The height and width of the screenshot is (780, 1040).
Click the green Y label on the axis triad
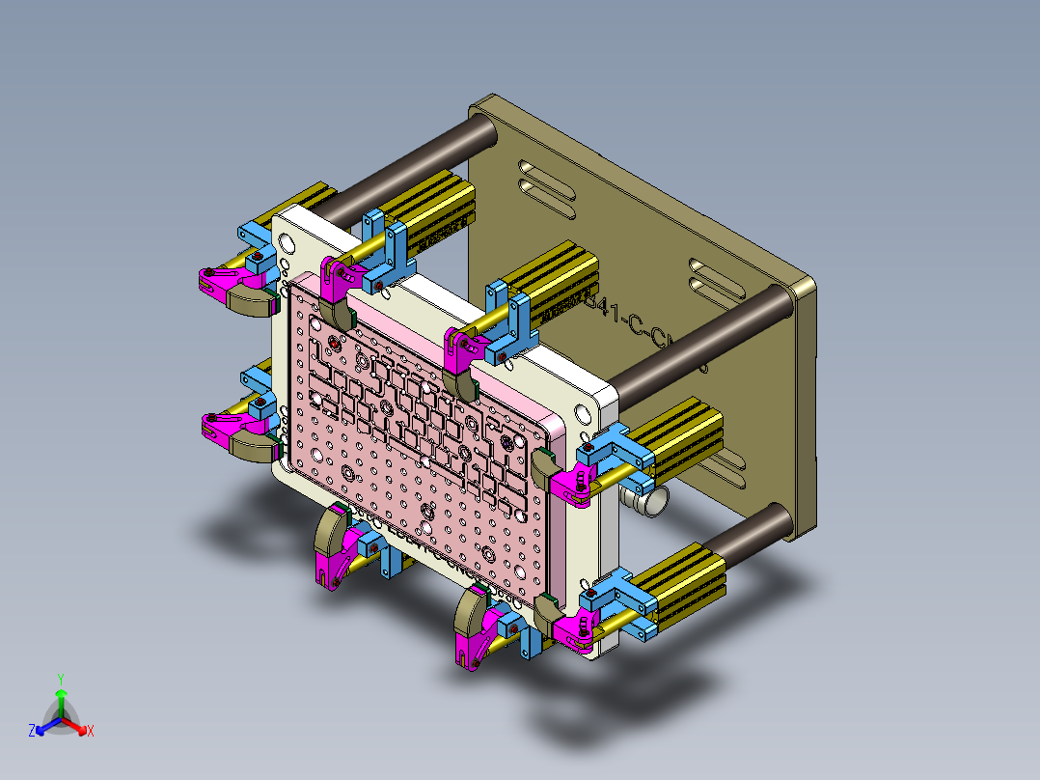(60, 679)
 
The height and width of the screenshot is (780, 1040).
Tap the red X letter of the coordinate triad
(91, 732)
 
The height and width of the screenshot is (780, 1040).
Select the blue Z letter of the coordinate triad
(32, 732)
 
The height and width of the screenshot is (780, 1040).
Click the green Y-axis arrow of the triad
(61, 701)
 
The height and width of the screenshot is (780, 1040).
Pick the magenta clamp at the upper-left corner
(222, 281)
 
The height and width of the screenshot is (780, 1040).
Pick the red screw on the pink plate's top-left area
(334, 343)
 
